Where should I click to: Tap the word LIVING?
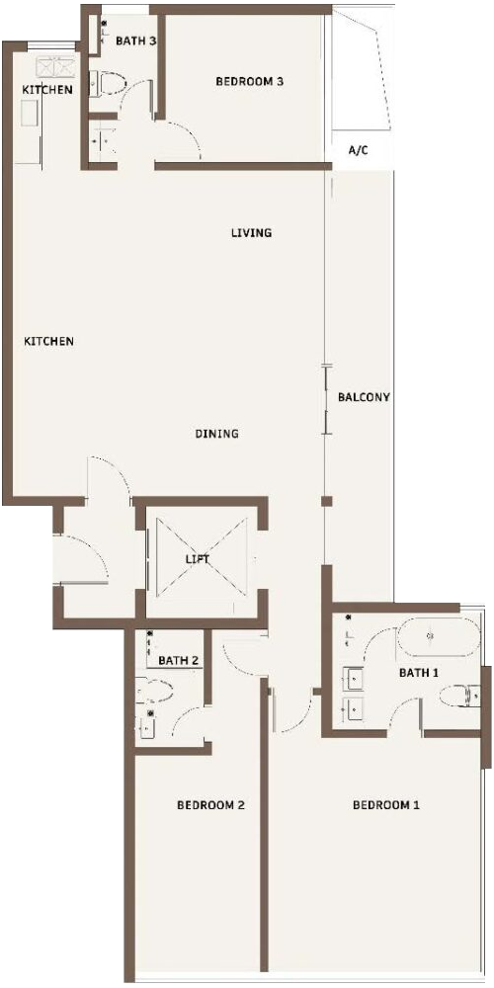coord(251,232)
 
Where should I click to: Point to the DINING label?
coord(216,434)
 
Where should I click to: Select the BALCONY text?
coord(364,397)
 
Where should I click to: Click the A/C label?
coord(359,150)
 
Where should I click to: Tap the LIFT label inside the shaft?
coord(198,559)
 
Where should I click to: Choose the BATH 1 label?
coord(419,673)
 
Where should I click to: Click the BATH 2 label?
coord(179,661)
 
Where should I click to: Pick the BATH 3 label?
coord(136,41)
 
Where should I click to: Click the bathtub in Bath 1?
coord(438,637)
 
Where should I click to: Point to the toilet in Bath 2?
coord(154,692)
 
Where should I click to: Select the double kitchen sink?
coord(55,67)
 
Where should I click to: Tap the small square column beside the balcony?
coord(326,502)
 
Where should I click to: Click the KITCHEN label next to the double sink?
coord(47,90)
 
